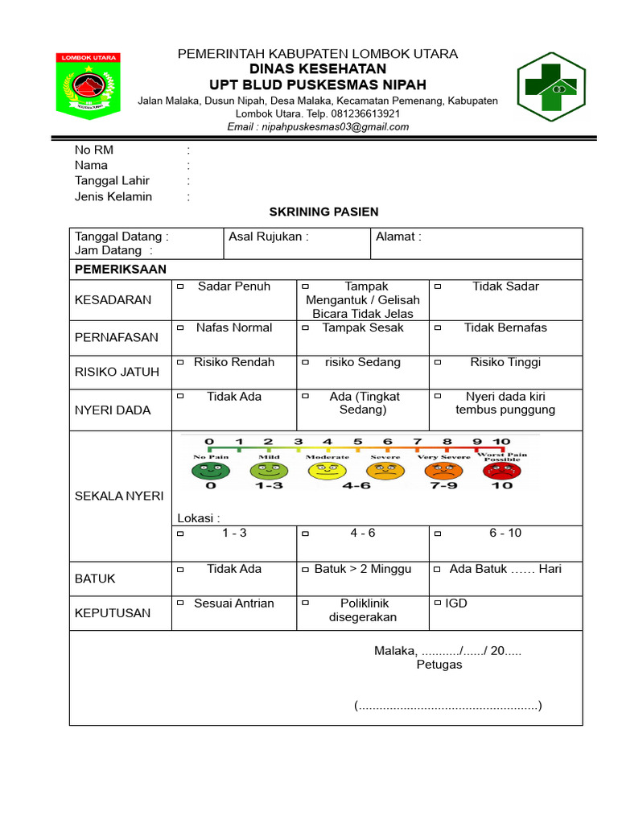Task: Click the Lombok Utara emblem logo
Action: (x=88, y=86)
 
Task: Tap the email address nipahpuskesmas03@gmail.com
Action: (x=318, y=126)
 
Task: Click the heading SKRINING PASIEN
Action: (x=323, y=212)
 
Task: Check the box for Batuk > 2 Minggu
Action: (x=306, y=570)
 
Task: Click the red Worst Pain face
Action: (x=501, y=470)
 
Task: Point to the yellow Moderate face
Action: (x=327, y=470)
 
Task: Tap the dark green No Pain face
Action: (x=211, y=470)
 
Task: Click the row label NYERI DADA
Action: (x=113, y=410)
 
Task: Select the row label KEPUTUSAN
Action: (x=113, y=613)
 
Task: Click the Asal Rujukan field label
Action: (x=268, y=237)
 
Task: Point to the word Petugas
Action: (x=439, y=665)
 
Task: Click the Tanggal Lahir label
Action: (x=112, y=181)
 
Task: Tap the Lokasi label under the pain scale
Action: (x=198, y=517)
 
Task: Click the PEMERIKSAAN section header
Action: (x=120, y=270)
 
